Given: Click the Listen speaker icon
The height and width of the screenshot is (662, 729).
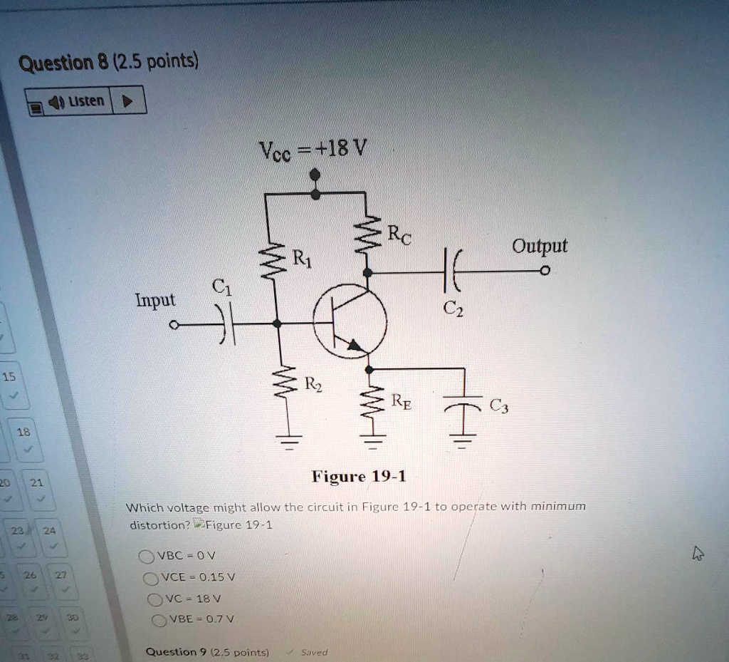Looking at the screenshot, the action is (56, 102).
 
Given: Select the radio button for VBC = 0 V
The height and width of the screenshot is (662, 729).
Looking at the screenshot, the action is (146, 557).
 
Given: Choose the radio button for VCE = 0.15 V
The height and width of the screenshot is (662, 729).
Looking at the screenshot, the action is (151, 578).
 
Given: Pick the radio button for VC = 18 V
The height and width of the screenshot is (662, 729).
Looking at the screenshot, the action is (154, 600).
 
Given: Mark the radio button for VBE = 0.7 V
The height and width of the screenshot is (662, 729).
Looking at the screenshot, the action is (159, 620).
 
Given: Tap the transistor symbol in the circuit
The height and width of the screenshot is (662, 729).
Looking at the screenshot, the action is (350, 321).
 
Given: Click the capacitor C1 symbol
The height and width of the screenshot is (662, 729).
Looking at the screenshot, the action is (226, 325).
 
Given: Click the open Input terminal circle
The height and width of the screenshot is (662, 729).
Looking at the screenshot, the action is (174, 325).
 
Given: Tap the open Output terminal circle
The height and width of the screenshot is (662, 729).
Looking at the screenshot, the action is (545, 270).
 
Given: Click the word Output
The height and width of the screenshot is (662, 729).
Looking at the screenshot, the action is (540, 246).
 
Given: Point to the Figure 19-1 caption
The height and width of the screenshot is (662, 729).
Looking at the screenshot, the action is (359, 477).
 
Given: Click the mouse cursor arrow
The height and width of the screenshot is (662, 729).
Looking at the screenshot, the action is (698, 554).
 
